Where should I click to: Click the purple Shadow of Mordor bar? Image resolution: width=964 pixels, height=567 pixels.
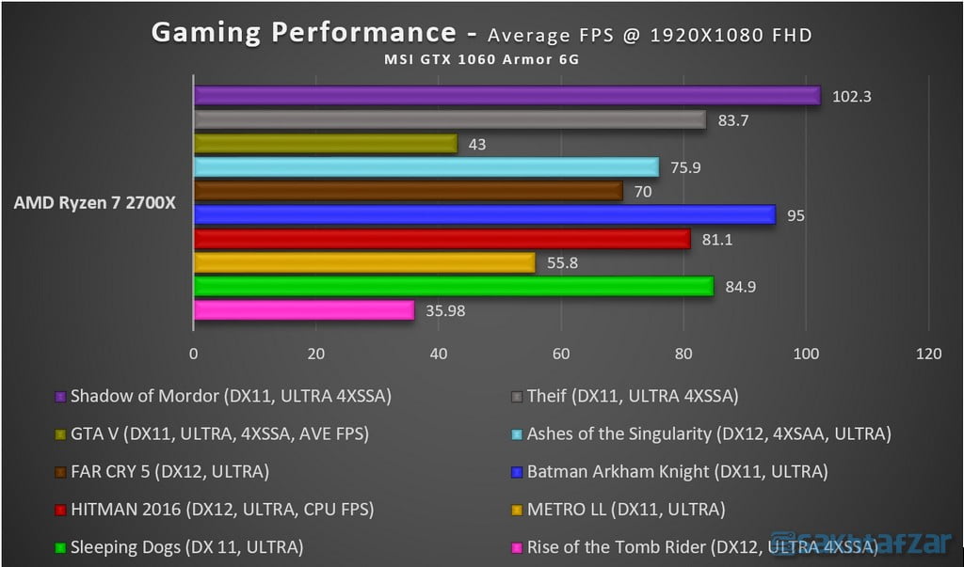[x=506, y=95]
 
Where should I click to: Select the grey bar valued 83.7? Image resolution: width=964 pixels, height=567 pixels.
[x=449, y=119]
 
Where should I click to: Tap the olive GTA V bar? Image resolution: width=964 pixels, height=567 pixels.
[x=325, y=144]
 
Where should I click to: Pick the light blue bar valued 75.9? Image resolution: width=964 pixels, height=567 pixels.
[x=426, y=167]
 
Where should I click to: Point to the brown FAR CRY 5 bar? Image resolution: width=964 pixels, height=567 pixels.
[x=408, y=191]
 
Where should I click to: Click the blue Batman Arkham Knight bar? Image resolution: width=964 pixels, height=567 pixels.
[x=484, y=215]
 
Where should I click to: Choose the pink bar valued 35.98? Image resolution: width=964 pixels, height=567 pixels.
[x=303, y=310]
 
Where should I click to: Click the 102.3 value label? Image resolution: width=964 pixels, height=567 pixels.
[x=851, y=96]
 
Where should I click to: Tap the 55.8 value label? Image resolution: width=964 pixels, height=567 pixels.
[x=562, y=263]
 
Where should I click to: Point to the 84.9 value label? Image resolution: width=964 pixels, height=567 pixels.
[x=741, y=287]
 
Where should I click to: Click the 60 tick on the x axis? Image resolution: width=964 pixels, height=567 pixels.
[x=561, y=354]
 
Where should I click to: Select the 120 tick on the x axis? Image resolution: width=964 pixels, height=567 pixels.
[x=928, y=354]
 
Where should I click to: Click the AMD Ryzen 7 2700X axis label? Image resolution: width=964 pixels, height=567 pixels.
[x=94, y=203]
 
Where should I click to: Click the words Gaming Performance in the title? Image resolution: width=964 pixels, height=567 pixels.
[x=303, y=33]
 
